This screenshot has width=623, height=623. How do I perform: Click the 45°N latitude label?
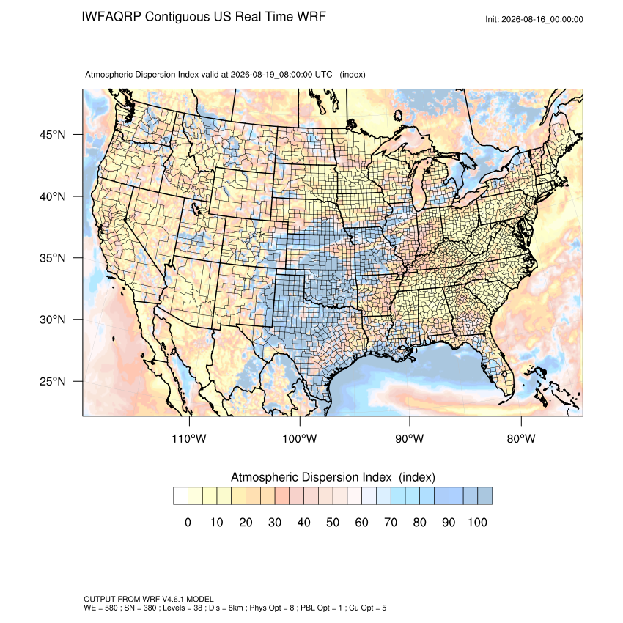point(53,135)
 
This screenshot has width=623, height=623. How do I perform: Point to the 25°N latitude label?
point(53,381)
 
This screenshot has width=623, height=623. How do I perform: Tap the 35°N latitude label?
point(53,258)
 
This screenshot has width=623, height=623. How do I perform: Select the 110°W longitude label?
point(189,438)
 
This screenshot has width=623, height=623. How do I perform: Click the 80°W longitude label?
point(521,438)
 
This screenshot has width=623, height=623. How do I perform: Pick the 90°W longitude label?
point(410,438)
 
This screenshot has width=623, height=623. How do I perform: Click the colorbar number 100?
point(477,522)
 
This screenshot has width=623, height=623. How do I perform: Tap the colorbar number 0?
point(188,522)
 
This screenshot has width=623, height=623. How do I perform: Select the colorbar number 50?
point(333,522)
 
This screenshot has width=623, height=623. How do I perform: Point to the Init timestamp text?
point(534,19)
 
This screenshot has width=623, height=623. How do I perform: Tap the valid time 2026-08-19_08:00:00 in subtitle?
point(271,74)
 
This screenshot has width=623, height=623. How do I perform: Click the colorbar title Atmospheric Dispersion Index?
point(311,477)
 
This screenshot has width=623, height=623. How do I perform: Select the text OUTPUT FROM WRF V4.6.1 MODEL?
point(149,599)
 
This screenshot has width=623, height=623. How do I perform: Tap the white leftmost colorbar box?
point(180,496)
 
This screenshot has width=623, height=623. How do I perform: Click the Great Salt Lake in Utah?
point(196,208)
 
